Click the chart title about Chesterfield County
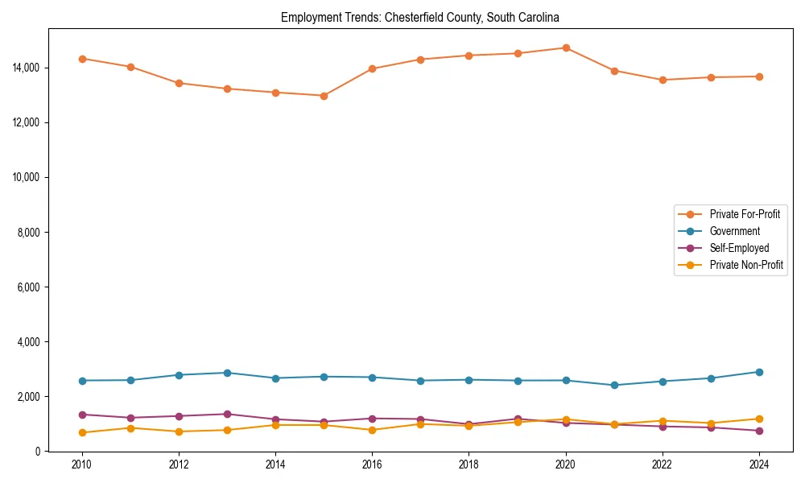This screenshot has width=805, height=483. (419, 17)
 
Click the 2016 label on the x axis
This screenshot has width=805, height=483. (372, 464)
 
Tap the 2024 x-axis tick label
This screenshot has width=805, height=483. (759, 464)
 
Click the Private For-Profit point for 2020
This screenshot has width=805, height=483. (566, 47)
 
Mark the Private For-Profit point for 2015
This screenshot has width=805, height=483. (324, 96)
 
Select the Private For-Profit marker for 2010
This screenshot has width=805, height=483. (82, 59)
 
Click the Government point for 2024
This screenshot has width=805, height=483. (759, 372)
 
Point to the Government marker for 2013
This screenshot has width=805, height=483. (227, 373)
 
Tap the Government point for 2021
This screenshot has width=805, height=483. (614, 385)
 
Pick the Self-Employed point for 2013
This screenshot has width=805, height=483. (227, 414)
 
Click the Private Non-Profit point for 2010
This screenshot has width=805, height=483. (82, 432)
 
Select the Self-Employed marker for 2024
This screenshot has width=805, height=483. (759, 431)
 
